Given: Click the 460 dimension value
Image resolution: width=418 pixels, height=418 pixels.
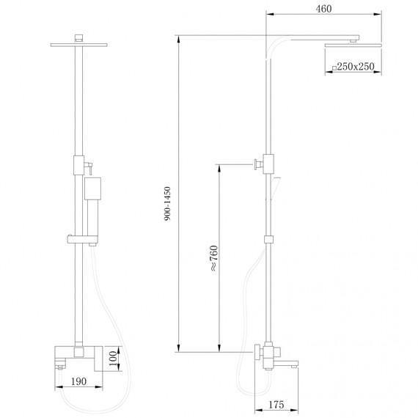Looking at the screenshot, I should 323,9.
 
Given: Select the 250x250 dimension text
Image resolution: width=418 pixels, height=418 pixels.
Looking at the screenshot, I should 356,67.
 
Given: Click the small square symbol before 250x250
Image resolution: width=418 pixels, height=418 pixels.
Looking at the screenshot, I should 334,67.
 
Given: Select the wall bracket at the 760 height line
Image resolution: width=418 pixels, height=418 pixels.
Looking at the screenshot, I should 257,164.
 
